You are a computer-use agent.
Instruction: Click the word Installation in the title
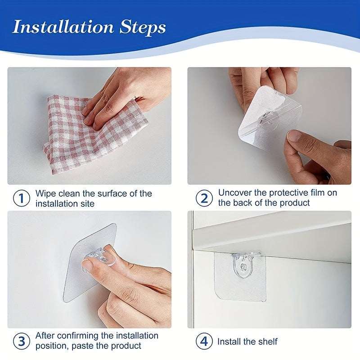click(x=63, y=27)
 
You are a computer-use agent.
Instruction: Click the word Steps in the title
click(x=142, y=28)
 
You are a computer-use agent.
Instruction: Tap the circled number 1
click(x=21, y=198)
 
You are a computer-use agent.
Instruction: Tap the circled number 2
click(x=204, y=198)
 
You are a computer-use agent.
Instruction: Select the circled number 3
click(x=21, y=341)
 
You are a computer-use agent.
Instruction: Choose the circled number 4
click(x=204, y=342)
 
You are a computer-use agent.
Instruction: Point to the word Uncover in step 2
click(x=235, y=193)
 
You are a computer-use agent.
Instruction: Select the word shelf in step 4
click(x=267, y=342)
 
